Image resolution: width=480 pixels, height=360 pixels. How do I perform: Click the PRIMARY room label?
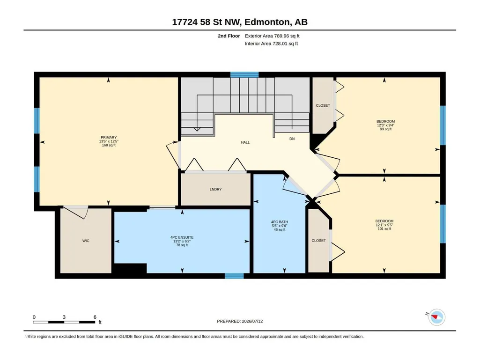[109, 138]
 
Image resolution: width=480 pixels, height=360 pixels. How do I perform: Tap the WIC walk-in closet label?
[86, 241]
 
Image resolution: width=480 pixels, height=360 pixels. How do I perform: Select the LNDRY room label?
[215, 190]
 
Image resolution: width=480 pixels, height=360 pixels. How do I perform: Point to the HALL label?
[245, 142]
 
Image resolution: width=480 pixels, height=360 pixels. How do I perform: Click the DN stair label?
[292, 139]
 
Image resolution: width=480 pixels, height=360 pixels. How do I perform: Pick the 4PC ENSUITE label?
[182, 237]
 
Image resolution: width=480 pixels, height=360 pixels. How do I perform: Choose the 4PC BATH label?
[280, 222]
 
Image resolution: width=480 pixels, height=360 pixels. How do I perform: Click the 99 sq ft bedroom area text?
[386, 129]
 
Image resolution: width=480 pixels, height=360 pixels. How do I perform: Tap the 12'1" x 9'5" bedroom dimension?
[384, 225]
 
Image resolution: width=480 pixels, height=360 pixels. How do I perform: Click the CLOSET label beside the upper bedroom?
[323, 106]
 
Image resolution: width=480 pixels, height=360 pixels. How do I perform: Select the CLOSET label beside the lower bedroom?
[319, 241]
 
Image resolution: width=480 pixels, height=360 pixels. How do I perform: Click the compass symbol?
[437, 317]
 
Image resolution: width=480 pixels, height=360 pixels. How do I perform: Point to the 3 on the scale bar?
[64, 317]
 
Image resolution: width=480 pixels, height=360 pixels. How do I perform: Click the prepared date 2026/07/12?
[252, 322]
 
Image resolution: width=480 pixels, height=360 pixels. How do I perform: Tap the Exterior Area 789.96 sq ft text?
[272, 36]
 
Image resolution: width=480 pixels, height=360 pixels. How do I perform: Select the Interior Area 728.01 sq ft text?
[271, 44]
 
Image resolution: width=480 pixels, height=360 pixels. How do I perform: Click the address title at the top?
[240, 22]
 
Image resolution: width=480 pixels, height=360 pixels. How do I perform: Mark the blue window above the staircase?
[244, 74]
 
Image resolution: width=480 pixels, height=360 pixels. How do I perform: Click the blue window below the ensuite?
[234, 276]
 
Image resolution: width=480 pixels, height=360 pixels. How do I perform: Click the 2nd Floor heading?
[229, 36]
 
